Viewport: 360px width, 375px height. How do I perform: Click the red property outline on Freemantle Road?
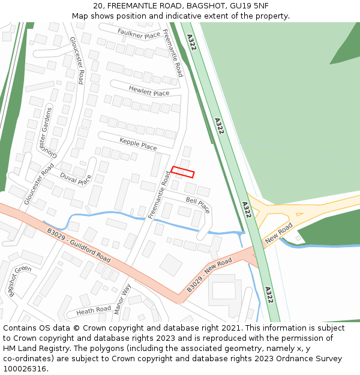(182, 172)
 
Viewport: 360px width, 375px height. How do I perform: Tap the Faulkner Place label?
(139, 33)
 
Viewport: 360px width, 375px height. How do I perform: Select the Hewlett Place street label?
(149, 90)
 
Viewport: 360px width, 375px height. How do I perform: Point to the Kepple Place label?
(138, 143)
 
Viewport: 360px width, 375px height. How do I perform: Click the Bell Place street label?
(197, 205)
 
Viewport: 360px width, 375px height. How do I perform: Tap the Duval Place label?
(76, 179)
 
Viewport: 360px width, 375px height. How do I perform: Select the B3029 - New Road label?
(209, 275)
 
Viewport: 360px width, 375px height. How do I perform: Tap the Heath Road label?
(94, 310)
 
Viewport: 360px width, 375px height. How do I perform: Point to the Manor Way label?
(122, 298)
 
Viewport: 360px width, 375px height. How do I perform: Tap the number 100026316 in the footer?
(25, 368)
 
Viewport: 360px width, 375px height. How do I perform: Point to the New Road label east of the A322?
(278, 232)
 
